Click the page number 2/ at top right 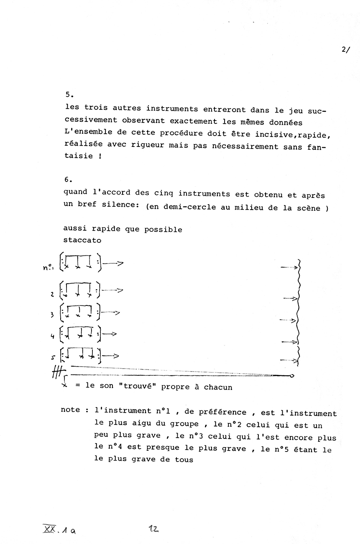click(x=346, y=49)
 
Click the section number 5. click(x=69, y=95)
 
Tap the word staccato click(x=82, y=240)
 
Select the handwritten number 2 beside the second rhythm click(x=52, y=294)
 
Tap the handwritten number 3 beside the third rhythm click(x=52, y=315)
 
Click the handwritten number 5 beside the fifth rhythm click(x=52, y=357)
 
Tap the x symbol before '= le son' click(x=64, y=385)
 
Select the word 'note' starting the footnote click(x=70, y=410)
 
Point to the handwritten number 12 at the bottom click(x=153, y=529)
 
